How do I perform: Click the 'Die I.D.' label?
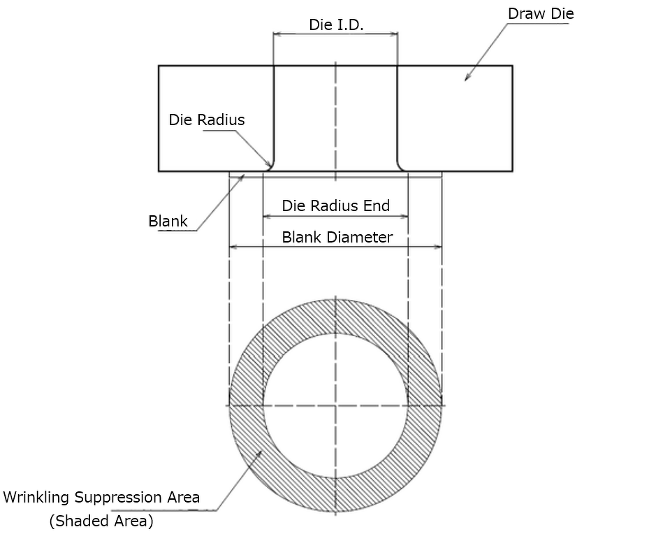[336, 24]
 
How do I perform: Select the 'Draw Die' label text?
[541, 14]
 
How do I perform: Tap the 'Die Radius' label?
[207, 120]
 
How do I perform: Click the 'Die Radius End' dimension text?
[336, 205]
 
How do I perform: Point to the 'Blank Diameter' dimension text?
[337, 237]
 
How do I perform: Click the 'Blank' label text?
[168, 222]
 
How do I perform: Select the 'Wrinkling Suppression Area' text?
[101, 497]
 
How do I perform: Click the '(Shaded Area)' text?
[101, 521]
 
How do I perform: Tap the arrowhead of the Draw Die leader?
[467, 78]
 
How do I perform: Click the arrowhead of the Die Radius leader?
[269, 164]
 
